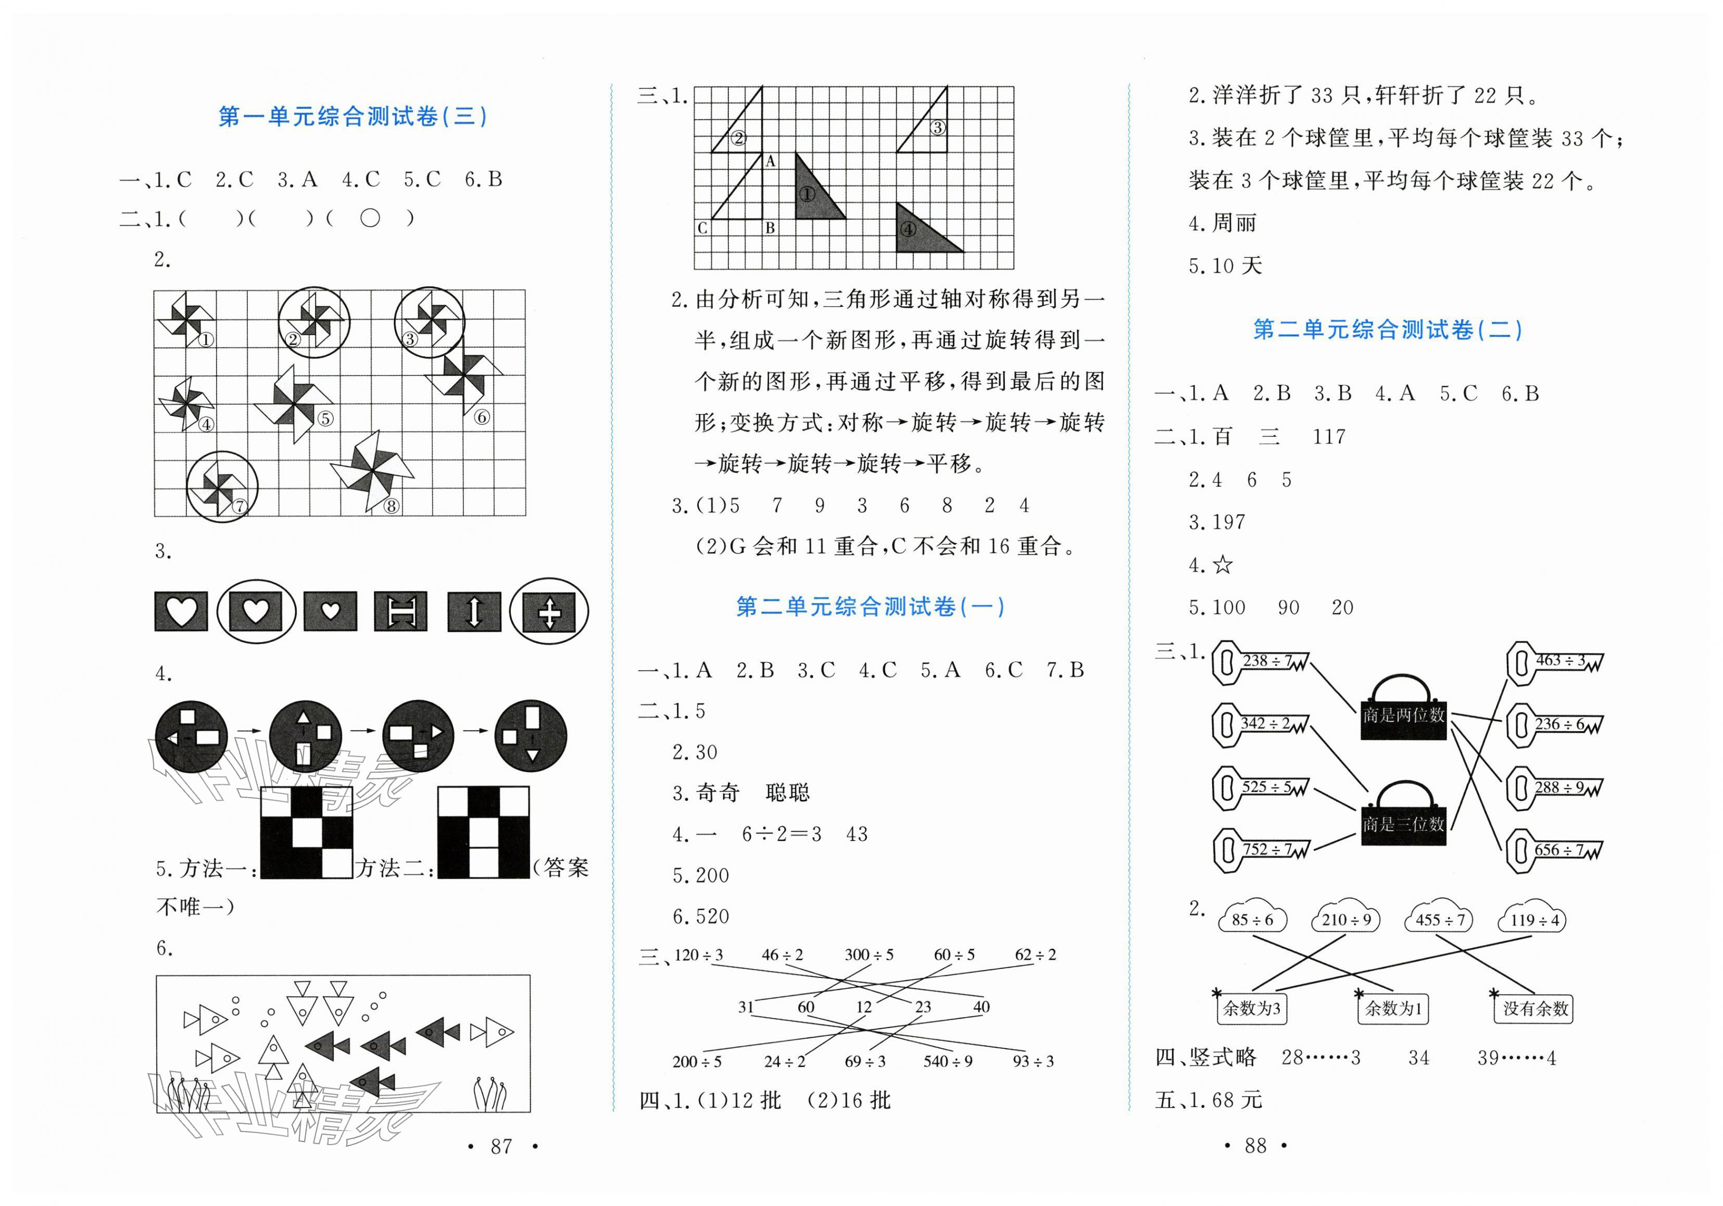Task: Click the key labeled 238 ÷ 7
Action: (1261, 661)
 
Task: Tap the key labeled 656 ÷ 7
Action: (1553, 850)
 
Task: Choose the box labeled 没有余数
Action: (1535, 1009)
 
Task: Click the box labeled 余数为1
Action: (1393, 1009)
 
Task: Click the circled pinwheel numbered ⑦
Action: (221, 486)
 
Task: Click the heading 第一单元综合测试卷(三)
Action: (352, 116)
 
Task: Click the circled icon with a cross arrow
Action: (549, 611)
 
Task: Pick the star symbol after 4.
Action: (1223, 564)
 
